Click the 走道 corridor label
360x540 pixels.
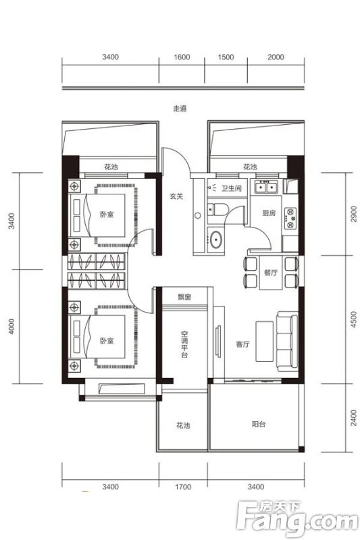[x=180, y=109]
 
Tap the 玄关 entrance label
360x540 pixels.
[x=176, y=196]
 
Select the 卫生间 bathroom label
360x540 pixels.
[x=231, y=188]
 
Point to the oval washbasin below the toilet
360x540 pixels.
[x=216, y=239]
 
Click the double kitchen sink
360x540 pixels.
[x=266, y=187]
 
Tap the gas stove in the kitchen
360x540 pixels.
[x=290, y=218]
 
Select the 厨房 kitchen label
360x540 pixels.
[x=269, y=213]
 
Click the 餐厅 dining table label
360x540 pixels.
[x=270, y=273]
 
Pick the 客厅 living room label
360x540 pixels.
[x=243, y=344]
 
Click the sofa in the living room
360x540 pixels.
[x=287, y=342]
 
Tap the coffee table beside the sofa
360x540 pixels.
[x=264, y=342]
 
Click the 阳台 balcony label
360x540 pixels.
[x=259, y=425]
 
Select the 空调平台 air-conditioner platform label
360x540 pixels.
[x=184, y=344]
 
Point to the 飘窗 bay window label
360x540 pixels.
[x=184, y=297]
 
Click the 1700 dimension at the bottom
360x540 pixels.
[x=183, y=487]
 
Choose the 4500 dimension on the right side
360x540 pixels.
[x=353, y=319]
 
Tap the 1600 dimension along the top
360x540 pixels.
[x=182, y=57]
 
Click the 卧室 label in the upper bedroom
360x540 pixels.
[x=107, y=214]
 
